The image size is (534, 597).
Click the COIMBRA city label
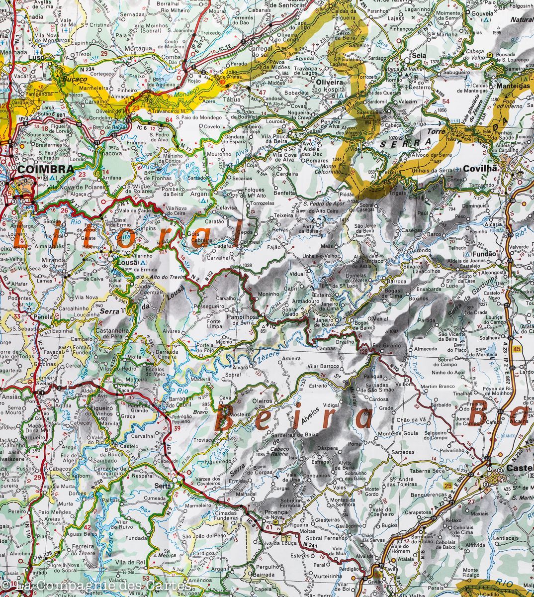tap(45, 169)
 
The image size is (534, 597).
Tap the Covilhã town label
tap(480, 169)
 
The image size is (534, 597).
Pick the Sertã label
tap(163, 486)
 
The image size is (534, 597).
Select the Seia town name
tap(419, 55)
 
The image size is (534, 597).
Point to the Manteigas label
tap(512, 86)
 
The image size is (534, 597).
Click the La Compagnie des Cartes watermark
tap(94, 587)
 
